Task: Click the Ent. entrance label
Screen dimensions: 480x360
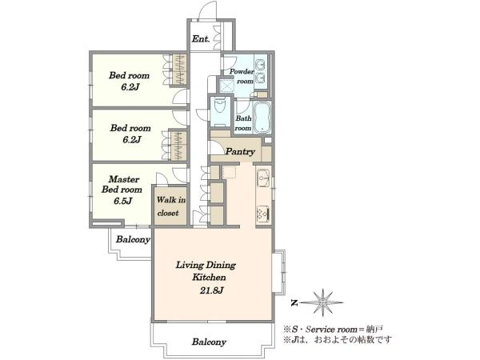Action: (x=201, y=39)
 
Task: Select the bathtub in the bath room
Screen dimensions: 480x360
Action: (x=262, y=117)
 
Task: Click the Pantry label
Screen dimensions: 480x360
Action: (x=240, y=151)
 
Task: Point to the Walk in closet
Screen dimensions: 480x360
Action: (x=170, y=206)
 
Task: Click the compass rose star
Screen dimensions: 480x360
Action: (x=322, y=302)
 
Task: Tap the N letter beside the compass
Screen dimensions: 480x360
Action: (x=294, y=303)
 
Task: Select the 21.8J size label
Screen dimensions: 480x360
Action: (x=211, y=290)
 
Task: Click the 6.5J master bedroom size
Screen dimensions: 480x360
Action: (x=122, y=201)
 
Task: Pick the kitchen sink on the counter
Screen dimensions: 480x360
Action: (x=263, y=178)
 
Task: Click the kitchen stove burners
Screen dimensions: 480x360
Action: (x=263, y=213)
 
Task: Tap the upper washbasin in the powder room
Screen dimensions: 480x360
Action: (x=261, y=64)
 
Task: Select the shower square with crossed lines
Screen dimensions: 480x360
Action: (x=226, y=84)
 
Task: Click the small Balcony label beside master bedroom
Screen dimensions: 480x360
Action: (x=133, y=239)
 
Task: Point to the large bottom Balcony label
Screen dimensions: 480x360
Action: (x=209, y=342)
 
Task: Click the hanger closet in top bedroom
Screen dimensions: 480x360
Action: (x=178, y=70)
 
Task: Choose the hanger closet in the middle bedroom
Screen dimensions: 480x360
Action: (x=178, y=146)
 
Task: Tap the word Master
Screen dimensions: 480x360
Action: (x=124, y=179)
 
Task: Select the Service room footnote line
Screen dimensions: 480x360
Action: (x=333, y=330)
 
